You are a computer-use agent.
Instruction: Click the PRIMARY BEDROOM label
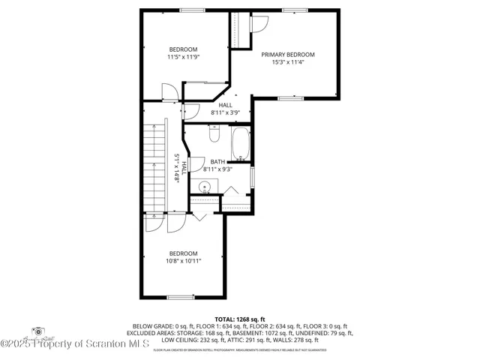coord(287,55)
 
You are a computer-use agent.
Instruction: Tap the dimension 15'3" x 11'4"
coord(287,63)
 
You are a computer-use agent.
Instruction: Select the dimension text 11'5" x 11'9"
coord(183,57)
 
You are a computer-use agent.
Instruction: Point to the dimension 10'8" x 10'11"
coord(183,261)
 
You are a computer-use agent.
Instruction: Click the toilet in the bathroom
coord(214,135)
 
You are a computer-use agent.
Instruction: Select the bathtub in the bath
coord(241,144)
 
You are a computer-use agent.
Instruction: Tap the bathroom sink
coord(203,185)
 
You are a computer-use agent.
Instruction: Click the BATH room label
coord(217,161)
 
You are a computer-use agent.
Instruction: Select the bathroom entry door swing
coord(197,164)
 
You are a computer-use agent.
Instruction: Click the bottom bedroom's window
coord(181,298)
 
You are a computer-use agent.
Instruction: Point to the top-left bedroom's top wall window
coord(191,10)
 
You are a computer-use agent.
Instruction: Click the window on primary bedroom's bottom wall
coord(289,98)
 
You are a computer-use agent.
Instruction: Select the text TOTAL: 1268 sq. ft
coord(240,319)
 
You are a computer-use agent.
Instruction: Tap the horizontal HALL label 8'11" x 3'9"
coord(225,109)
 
